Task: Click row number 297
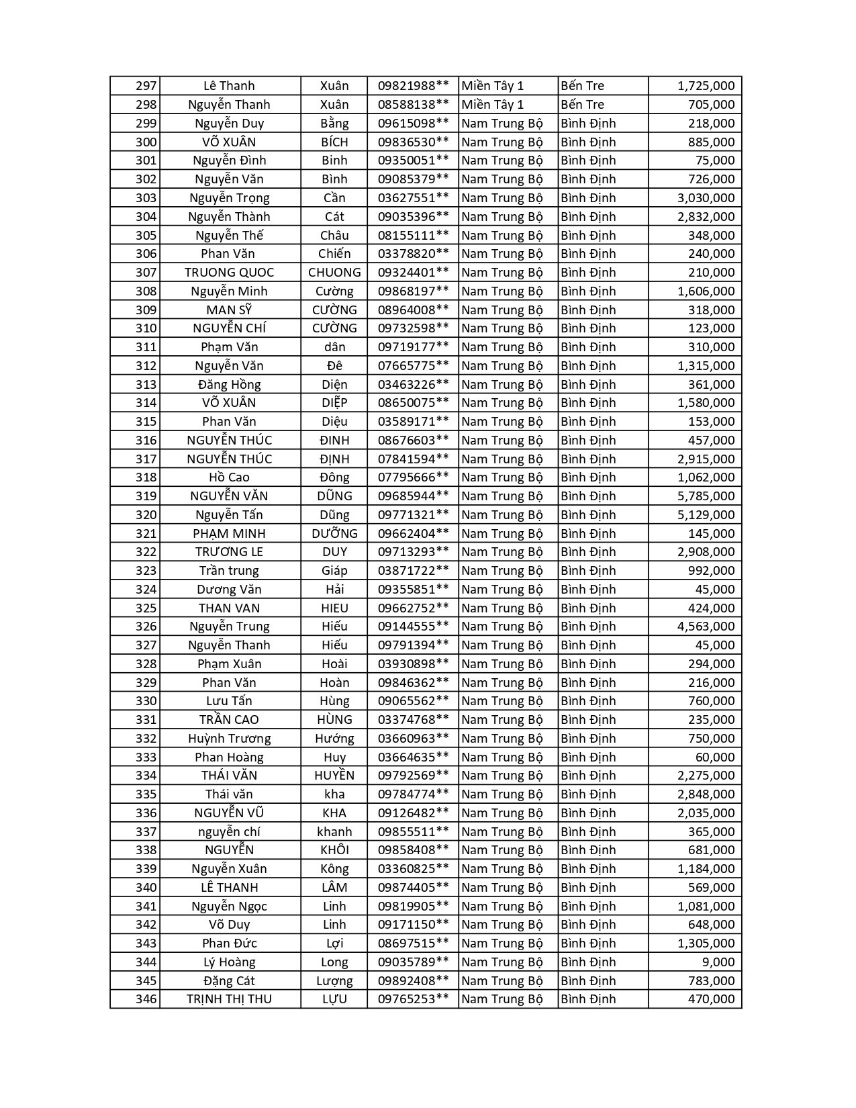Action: coord(146,86)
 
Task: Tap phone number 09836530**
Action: coord(413,142)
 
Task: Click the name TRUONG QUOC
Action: coord(229,273)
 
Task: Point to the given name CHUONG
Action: coord(334,273)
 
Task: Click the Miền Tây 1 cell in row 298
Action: coord(493,105)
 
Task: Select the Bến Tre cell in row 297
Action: coord(583,86)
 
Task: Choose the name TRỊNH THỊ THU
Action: coord(229,999)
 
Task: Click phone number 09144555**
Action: coord(413,627)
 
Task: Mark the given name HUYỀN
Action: coord(334,776)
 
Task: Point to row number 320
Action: coord(146,515)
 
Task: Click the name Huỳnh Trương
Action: coord(229,739)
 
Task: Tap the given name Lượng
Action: coord(334,981)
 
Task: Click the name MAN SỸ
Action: coord(229,310)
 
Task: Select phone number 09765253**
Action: coord(413,999)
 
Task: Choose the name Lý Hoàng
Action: coord(229,962)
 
